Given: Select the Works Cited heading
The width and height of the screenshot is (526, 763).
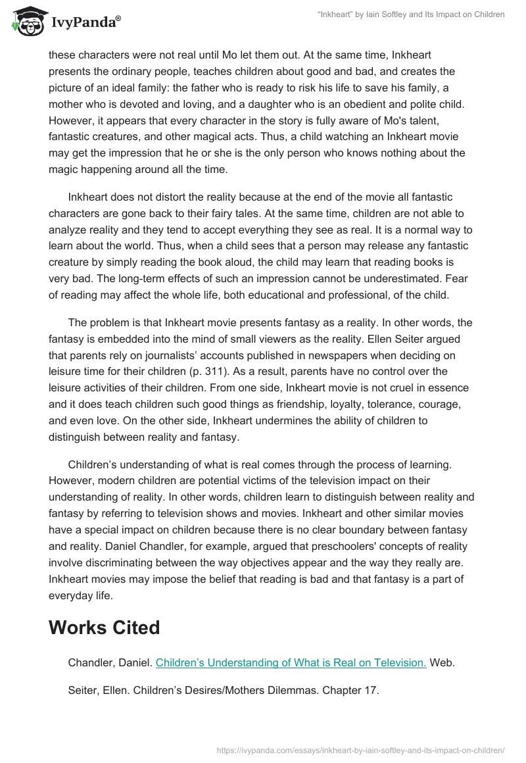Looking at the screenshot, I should [x=104, y=628].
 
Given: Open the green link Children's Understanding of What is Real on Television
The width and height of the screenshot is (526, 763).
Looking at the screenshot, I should [x=291, y=663].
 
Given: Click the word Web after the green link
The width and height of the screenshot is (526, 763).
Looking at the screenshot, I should [x=442, y=663].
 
